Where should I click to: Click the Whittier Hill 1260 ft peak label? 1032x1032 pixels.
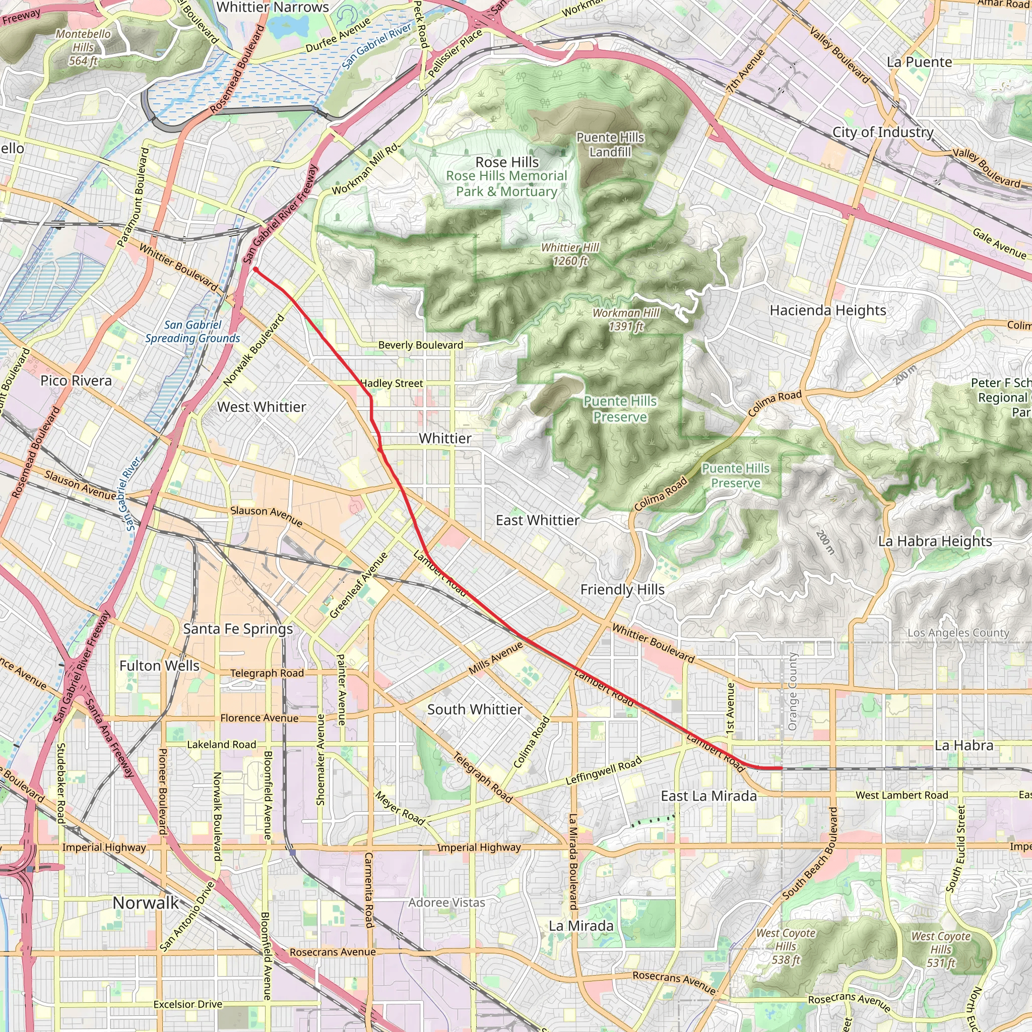pos(570,254)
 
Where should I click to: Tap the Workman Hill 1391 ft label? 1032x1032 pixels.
pos(626,319)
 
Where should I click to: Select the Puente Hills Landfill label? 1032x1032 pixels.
pos(610,145)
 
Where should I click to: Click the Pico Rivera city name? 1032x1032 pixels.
pos(76,381)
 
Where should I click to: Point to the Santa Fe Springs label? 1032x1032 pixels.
pos(238,629)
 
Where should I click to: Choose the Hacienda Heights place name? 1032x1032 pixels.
pos(827,310)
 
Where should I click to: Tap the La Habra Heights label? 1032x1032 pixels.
pos(935,541)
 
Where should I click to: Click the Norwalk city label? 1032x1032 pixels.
pos(146,902)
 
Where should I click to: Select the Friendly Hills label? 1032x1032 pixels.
pos(622,590)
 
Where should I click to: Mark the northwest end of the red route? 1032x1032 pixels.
pos(256,269)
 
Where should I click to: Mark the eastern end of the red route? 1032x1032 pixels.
pos(782,768)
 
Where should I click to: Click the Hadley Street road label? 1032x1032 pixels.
pos(392,383)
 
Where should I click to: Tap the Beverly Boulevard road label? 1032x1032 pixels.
pos(420,345)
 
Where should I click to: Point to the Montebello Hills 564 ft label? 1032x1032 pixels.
pos(83,47)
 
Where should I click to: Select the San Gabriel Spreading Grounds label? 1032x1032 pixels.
pos(193,332)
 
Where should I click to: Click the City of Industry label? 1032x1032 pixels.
pos(883,132)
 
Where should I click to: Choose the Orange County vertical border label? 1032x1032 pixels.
pos(792,691)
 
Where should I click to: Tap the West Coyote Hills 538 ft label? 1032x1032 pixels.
pos(785,946)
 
